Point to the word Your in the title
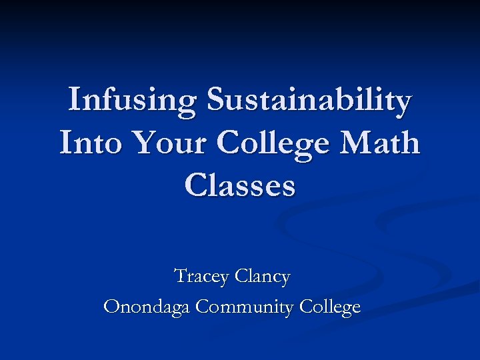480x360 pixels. tap(168, 143)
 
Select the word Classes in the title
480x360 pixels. tap(240, 185)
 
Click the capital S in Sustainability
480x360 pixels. tap(216, 100)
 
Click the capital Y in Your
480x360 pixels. tap(141, 143)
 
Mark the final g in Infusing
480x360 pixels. tap(187, 105)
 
